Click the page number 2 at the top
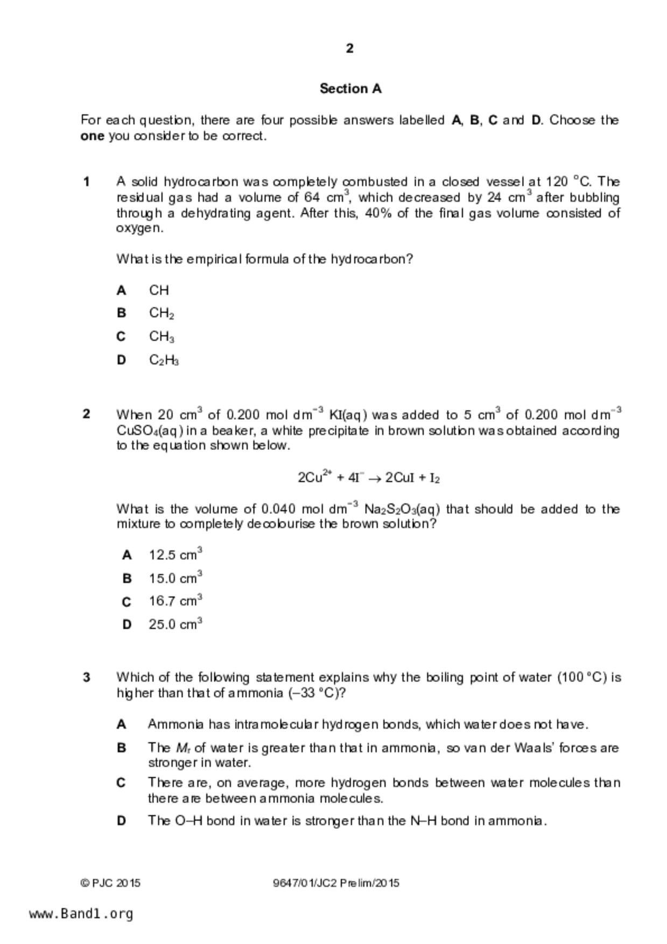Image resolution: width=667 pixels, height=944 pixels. click(x=350, y=48)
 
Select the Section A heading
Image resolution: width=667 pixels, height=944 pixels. click(x=350, y=88)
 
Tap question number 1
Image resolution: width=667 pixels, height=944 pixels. click(x=86, y=182)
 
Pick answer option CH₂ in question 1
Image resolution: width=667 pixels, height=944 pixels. click(x=161, y=313)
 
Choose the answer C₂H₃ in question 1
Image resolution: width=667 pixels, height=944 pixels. click(x=164, y=360)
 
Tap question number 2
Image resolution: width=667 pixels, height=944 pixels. click(x=86, y=414)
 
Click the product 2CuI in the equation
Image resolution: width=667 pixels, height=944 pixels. click(x=399, y=478)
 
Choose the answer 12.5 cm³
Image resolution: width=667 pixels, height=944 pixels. click(x=175, y=555)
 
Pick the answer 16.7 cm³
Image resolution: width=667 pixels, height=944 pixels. click(x=175, y=601)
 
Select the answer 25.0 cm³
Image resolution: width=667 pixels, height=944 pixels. click(x=175, y=624)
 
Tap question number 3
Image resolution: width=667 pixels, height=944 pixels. click(x=86, y=677)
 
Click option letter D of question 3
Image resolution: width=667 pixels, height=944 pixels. click(x=122, y=821)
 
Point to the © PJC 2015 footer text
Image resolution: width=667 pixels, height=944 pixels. click(x=110, y=883)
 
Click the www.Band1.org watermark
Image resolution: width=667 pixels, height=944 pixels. click(x=81, y=914)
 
